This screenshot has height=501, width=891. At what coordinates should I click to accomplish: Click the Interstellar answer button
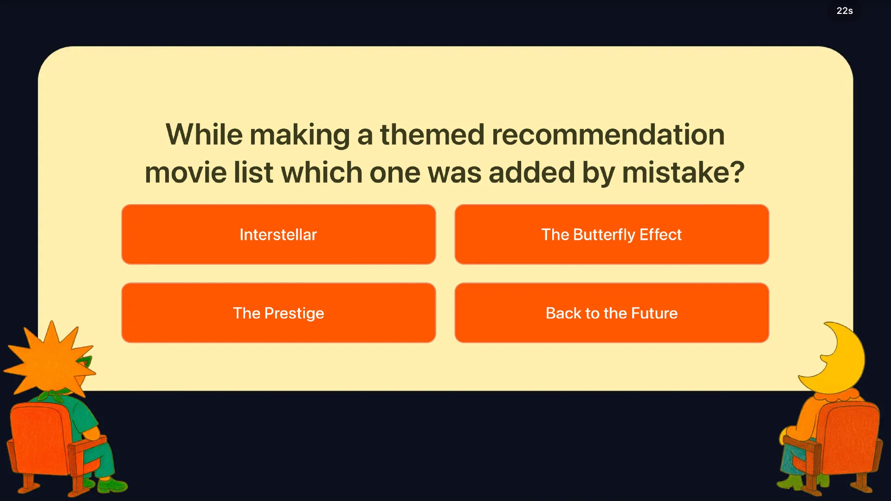pyautogui.click(x=278, y=234)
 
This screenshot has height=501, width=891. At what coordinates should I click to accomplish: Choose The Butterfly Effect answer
pyautogui.click(x=612, y=234)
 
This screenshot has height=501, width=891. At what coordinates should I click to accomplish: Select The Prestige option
pyautogui.click(x=278, y=313)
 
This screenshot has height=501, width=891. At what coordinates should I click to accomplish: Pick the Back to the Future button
pyautogui.click(x=612, y=313)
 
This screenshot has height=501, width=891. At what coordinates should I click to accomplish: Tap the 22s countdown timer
pyautogui.click(x=845, y=11)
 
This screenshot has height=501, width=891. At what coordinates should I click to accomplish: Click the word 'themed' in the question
pyautogui.click(x=433, y=135)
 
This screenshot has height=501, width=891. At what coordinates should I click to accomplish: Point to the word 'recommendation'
pyautogui.click(x=608, y=135)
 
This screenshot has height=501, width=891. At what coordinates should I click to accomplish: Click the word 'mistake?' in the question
pyautogui.click(x=683, y=173)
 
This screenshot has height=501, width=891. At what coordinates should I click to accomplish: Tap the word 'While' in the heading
pyautogui.click(x=204, y=135)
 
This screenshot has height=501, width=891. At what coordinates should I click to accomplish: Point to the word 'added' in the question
pyautogui.click(x=531, y=173)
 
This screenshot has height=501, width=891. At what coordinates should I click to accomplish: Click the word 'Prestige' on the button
pyautogui.click(x=294, y=314)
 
